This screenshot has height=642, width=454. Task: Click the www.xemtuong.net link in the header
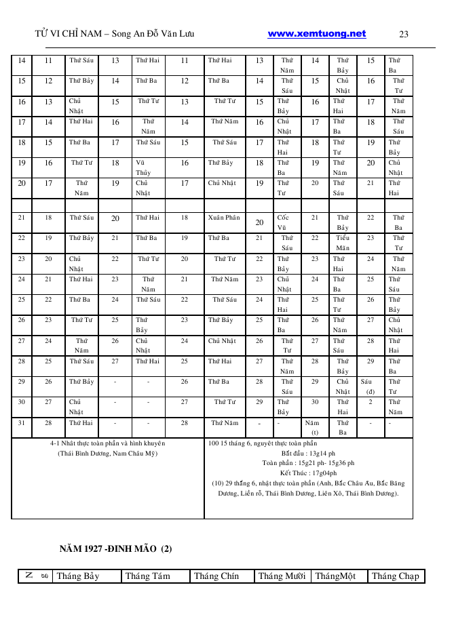pyautogui.click(x=317, y=34)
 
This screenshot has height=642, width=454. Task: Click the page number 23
pyautogui.click(x=404, y=35)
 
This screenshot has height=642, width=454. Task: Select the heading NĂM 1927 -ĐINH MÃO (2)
pyautogui.click(x=115, y=548)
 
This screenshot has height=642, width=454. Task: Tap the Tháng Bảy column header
pyautogui.click(x=78, y=576)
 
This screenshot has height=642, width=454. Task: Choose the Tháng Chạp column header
pyautogui.click(x=396, y=576)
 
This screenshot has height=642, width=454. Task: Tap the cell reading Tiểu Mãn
pyautogui.click(x=343, y=243)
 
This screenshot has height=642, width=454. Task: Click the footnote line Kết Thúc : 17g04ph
pyautogui.click(x=308, y=473)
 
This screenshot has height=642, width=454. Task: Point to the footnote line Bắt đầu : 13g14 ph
pyautogui.click(x=308, y=453)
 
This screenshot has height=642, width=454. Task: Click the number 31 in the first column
pyautogui.click(x=22, y=423)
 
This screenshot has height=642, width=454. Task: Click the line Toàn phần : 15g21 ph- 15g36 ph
pyautogui.click(x=308, y=463)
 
